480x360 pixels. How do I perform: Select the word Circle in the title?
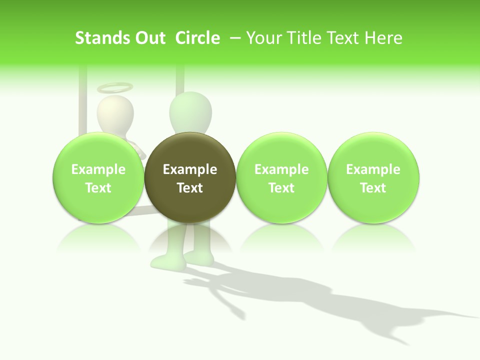[x=197, y=38]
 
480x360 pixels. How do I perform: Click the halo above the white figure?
[x=115, y=88]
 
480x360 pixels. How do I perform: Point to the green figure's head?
[x=190, y=112]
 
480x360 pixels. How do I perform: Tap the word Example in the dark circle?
[x=190, y=169]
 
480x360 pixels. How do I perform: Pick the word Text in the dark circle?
[x=190, y=188]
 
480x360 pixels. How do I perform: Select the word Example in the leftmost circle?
[x=98, y=169]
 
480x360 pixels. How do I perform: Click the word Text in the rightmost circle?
[x=373, y=188]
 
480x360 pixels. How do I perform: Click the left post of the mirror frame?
[x=83, y=100]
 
